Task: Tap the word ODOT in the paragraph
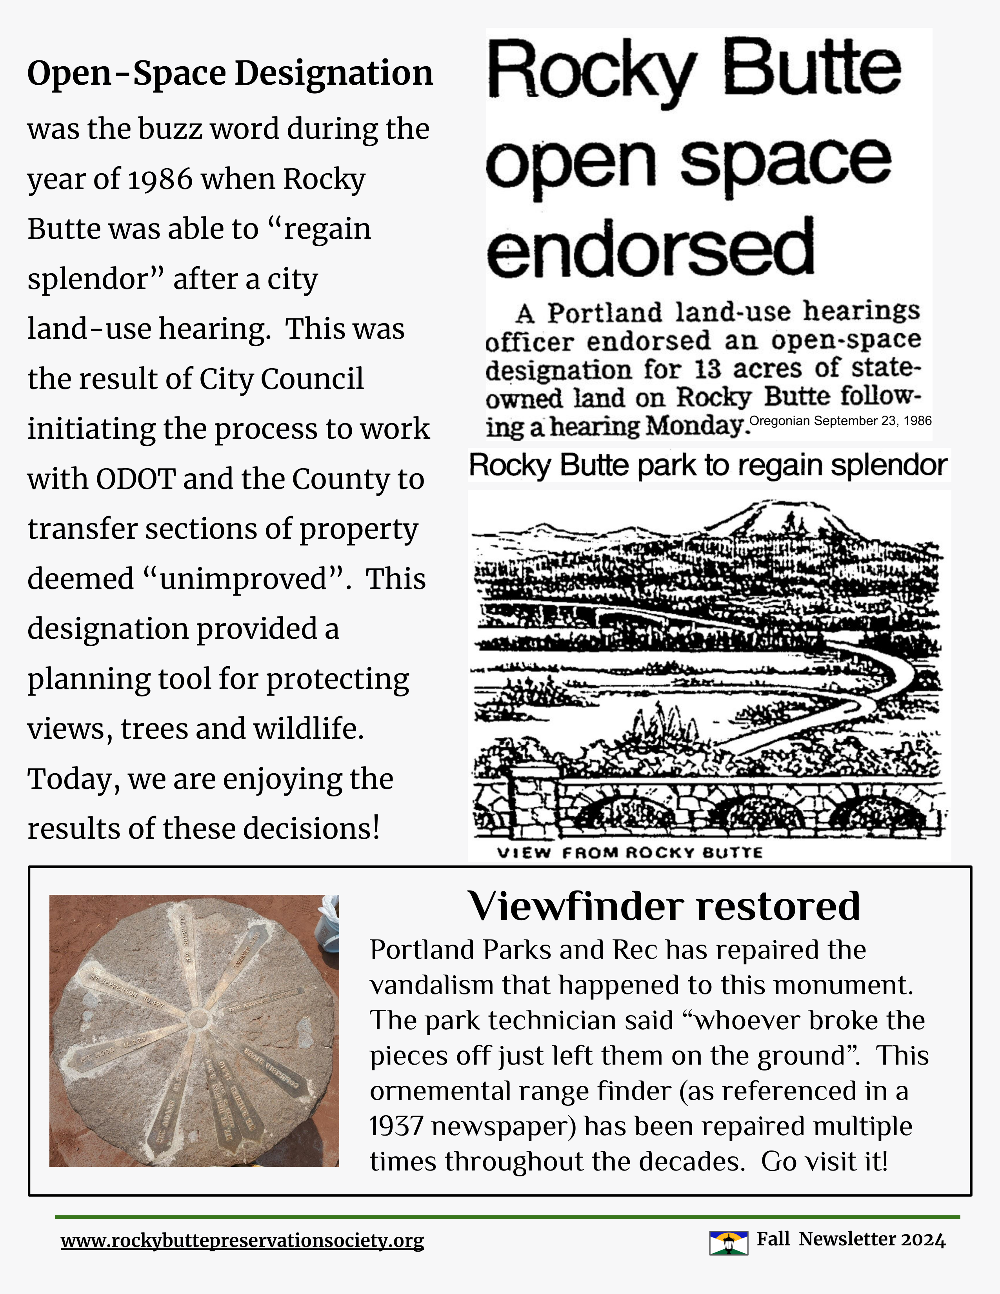[x=136, y=479]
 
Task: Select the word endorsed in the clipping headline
[x=650, y=249]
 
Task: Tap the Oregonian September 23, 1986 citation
[x=840, y=421]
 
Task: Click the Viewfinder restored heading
[x=664, y=907]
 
